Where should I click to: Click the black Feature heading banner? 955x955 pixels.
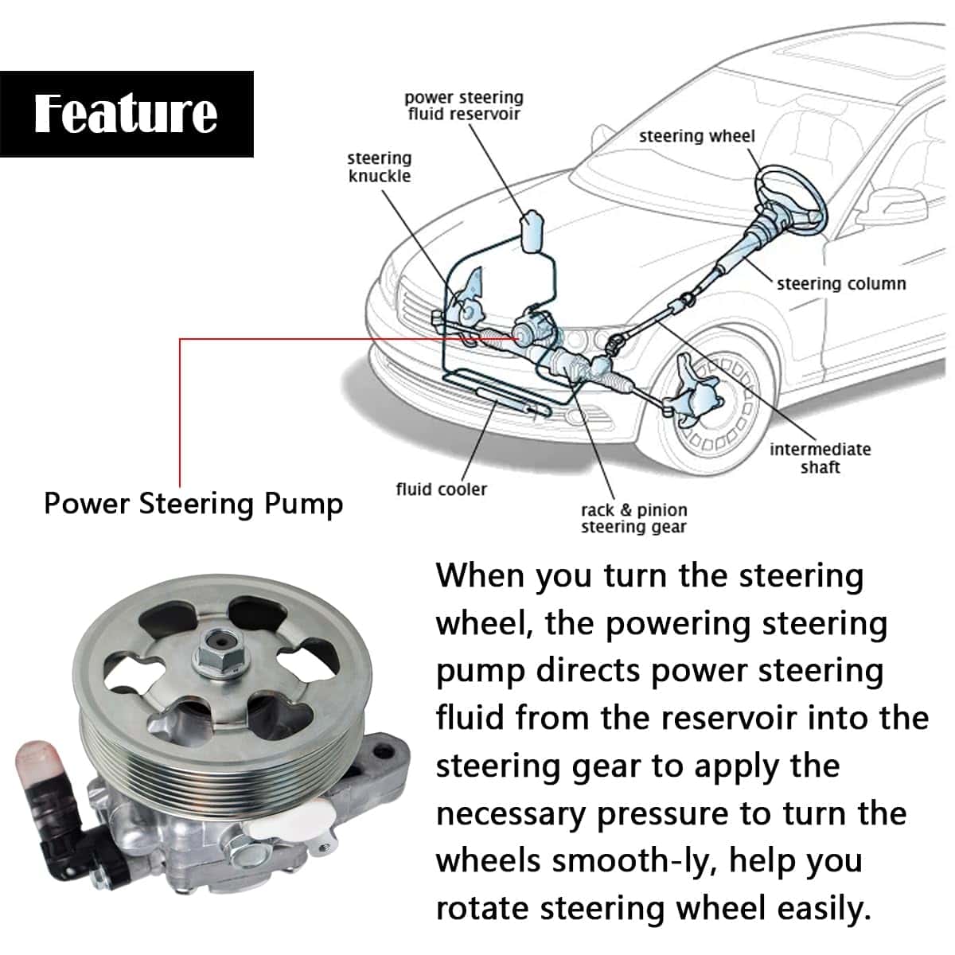coord(127,113)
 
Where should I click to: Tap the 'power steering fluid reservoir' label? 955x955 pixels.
coord(463,106)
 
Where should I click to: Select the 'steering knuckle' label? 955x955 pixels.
coord(380,167)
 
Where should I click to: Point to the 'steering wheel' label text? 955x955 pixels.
coord(696,136)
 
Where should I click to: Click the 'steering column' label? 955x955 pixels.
coord(841,284)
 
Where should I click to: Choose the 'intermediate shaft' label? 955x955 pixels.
coord(820,458)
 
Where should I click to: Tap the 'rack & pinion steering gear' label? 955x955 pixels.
coord(633,518)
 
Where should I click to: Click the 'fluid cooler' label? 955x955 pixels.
coord(441,489)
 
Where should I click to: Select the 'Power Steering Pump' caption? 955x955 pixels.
coord(193,504)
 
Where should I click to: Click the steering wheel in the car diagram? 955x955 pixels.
coord(788,195)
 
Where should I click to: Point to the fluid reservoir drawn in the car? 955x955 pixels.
coord(532,231)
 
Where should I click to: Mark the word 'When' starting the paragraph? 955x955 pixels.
coord(479,575)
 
